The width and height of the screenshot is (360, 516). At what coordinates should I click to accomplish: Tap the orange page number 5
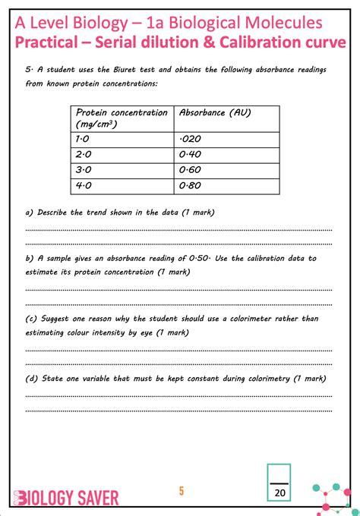click(181, 490)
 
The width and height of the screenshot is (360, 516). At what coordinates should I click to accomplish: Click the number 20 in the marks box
click(280, 492)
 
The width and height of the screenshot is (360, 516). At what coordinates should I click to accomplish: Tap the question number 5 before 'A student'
click(28, 70)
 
